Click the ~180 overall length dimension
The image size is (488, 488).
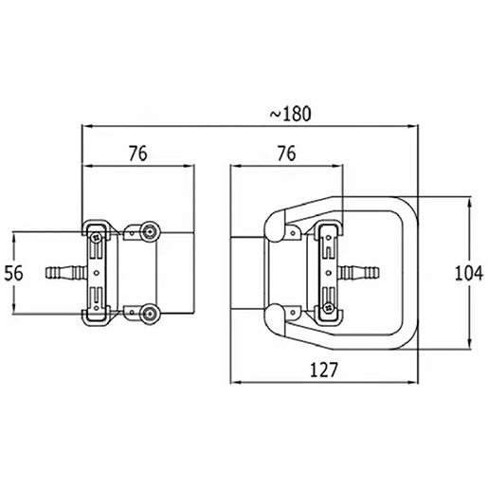[290, 114]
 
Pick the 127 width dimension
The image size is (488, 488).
[323, 371]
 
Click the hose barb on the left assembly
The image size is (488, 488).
[63, 273]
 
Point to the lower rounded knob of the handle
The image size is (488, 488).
[274, 316]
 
